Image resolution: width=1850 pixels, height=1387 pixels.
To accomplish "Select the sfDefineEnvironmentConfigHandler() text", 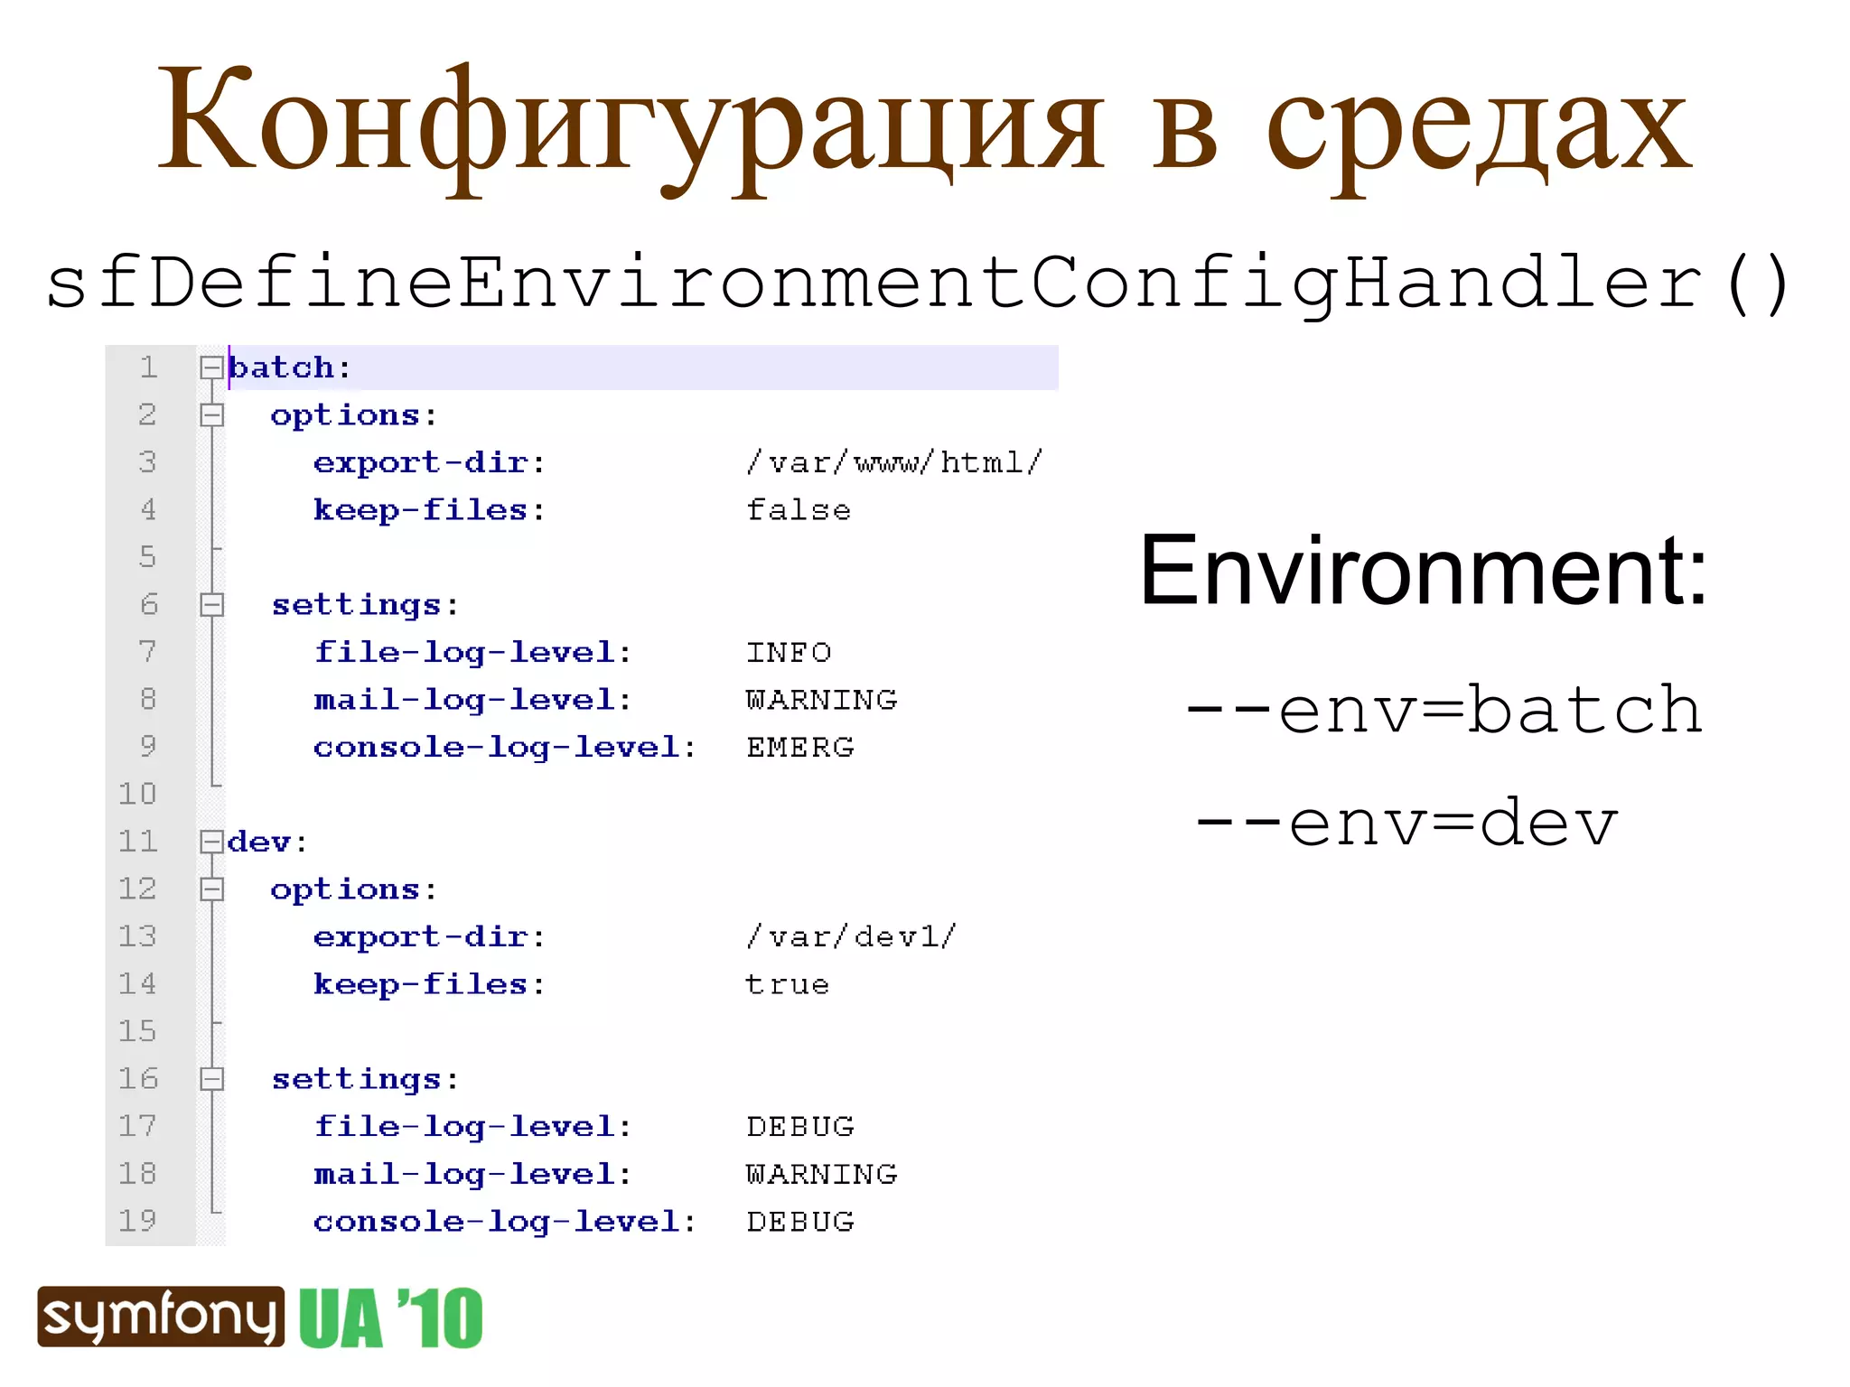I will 918,283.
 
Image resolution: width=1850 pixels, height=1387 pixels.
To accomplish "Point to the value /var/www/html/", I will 893,463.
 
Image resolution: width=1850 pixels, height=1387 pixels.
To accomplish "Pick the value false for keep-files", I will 798,510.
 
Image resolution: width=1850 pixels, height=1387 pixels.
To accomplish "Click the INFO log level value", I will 788,652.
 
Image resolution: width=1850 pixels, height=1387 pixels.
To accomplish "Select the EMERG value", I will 799,747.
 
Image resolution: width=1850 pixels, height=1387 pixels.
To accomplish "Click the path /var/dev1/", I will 850,936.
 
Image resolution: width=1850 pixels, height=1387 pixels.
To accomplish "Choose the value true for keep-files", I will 787,984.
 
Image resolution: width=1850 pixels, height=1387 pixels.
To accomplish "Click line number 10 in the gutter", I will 137,794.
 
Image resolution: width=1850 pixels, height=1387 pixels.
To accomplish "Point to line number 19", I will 137,1221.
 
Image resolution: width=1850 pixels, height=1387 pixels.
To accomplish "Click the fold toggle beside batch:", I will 211,368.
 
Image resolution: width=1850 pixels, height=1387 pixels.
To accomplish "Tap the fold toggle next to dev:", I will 211,842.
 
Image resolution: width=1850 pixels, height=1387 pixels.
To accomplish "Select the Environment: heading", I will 1423,571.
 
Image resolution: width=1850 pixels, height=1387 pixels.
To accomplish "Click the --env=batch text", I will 1444,710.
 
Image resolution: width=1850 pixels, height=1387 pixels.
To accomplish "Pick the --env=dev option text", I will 1406,823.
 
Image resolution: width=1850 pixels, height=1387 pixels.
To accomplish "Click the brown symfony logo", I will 161,1317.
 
